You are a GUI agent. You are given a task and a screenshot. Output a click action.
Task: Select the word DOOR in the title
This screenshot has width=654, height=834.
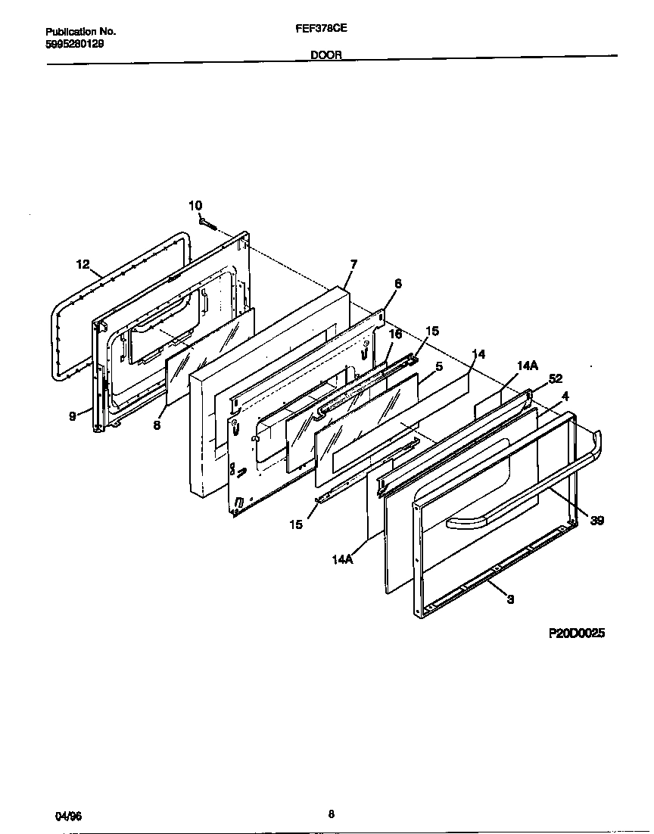(x=326, y=54)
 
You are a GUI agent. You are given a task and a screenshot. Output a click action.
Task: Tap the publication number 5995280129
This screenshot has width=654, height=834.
(x=75, y=44)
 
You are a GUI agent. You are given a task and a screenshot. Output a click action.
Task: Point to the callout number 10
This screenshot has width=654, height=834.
(x=195, y=206)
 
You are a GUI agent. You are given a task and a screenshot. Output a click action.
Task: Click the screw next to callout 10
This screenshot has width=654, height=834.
(x=209, y=223)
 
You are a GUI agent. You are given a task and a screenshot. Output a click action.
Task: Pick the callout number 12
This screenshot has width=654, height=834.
(x=83, y=264)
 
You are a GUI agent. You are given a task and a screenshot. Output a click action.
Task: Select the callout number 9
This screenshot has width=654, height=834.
(x=73, y=415)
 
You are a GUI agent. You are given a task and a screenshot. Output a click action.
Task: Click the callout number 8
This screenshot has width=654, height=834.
(x=157, y=425)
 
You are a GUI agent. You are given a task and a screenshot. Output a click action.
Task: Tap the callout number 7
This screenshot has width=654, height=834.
(x=353, y=264)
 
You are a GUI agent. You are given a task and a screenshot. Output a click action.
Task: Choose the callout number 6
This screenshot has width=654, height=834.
(x=398, y=284)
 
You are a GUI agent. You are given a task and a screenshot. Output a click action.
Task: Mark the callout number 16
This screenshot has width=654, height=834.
(x=395, y=333)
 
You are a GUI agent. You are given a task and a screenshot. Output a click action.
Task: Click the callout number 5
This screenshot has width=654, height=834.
(x=439, y=366)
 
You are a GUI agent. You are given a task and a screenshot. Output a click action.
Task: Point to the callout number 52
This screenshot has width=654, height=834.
(x=556, y=378)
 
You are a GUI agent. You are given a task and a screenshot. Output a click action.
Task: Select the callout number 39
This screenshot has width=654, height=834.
(x=597, y=520)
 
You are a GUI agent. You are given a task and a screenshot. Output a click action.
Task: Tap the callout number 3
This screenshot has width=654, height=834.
(x=510, y=599)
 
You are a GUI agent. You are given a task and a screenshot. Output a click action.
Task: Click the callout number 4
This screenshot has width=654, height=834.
(x=565, y=395)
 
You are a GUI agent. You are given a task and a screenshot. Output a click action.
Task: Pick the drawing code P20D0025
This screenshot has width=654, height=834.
(x=577, y=634)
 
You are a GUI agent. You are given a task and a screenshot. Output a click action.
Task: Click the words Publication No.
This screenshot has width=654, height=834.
(x=81, y=32)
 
